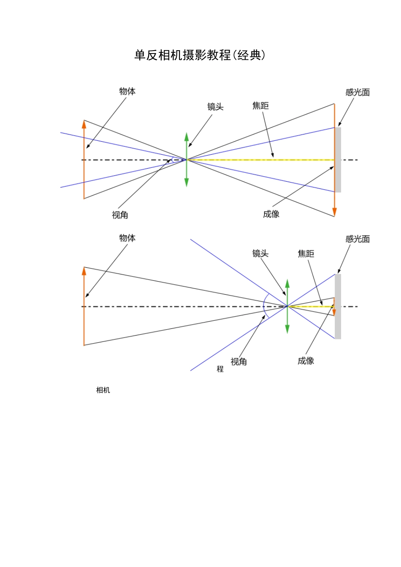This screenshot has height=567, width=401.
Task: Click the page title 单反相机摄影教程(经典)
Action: point(200,55)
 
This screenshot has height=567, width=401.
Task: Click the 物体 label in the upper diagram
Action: point(127,91)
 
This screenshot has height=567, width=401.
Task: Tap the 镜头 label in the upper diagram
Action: point(215,107)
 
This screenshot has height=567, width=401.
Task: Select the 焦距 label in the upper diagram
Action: point(260,106)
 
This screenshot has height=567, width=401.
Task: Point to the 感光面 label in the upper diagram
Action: point(358,92)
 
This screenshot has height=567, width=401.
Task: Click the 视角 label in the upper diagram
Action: point(120,215)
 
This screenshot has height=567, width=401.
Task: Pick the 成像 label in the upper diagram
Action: point(271,214)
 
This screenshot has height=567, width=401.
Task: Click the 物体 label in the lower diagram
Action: point(127,238)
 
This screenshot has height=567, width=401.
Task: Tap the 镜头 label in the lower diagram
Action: point(260,253)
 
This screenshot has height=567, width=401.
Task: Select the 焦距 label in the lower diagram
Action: point(306,254)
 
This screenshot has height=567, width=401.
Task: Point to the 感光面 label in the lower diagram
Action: point(358,239)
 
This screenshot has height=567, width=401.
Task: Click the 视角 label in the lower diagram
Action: point(238,362)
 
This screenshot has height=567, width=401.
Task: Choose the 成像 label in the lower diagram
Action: point(306,361)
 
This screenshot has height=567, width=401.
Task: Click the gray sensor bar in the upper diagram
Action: point(338,160)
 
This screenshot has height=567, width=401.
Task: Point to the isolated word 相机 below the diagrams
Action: point(103,390)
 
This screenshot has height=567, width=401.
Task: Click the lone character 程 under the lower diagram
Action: point(220,369)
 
